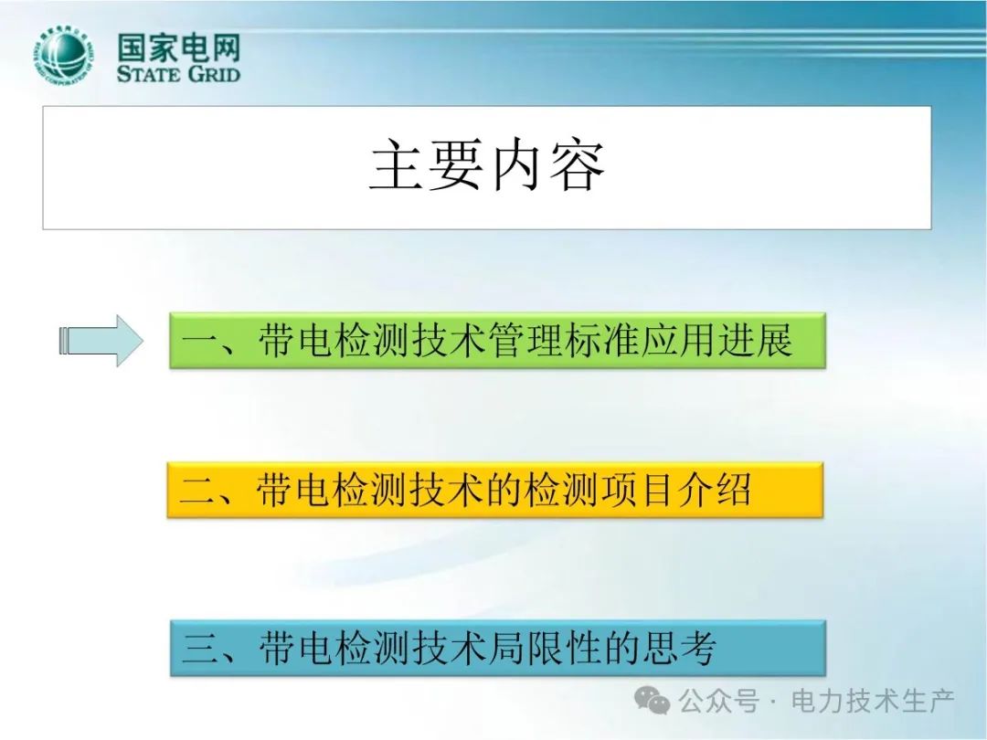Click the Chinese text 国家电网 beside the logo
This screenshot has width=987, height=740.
(179, 48)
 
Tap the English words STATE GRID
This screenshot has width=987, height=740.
(179, 74)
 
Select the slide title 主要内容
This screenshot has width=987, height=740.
(486, 165)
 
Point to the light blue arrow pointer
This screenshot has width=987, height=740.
(101, 341)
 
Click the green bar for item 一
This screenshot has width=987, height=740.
(497, 340)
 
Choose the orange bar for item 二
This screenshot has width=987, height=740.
(494, 490)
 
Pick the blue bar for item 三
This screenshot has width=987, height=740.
(497, 648)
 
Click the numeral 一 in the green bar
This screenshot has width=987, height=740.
(200, 342)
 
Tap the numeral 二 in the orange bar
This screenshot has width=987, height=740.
(197, 491)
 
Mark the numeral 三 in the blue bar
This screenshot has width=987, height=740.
(200, 649)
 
